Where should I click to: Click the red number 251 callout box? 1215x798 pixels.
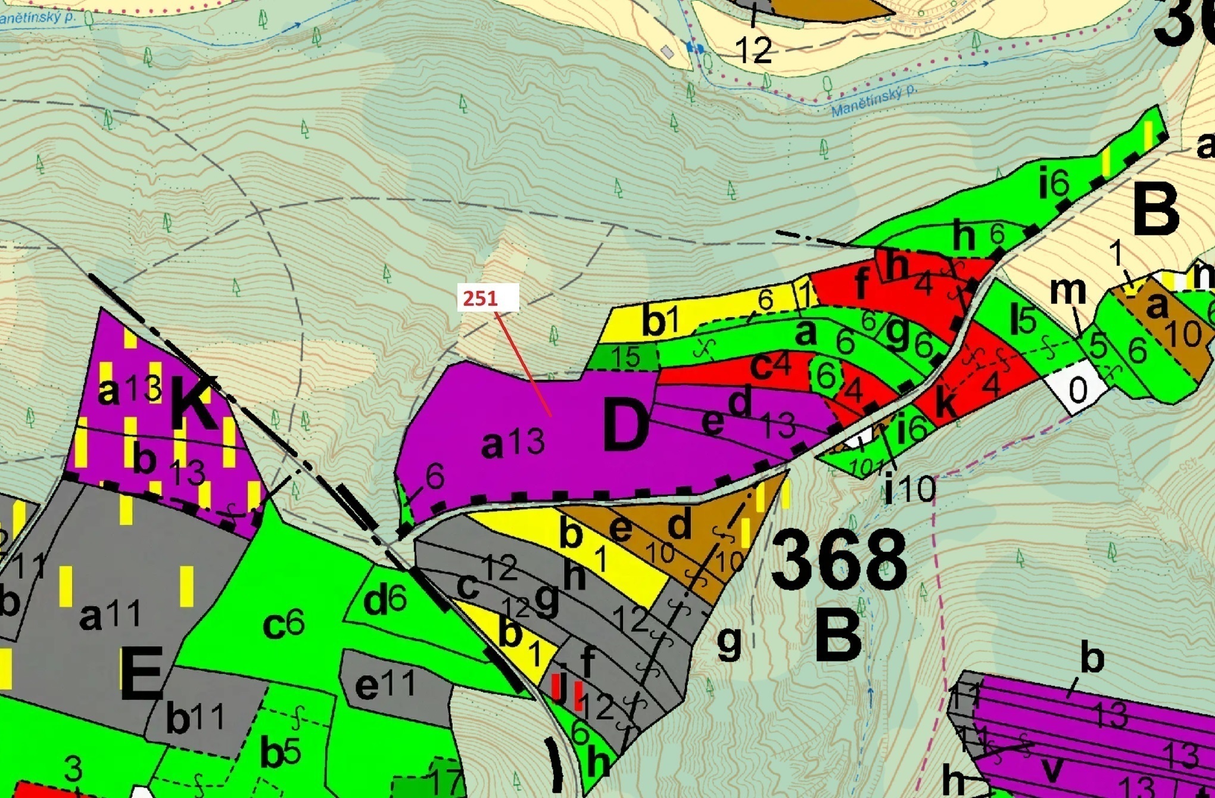488,297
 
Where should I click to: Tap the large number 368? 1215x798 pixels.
839,562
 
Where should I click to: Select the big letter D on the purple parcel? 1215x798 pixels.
625,426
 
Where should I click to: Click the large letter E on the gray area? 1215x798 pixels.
141,675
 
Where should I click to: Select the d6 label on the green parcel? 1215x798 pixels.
385,601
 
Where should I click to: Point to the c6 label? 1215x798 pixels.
283,625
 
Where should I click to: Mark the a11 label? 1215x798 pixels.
110,616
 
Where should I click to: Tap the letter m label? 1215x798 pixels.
1067,291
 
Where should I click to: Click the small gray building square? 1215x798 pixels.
668,52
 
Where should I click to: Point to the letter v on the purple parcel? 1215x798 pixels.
1052,768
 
